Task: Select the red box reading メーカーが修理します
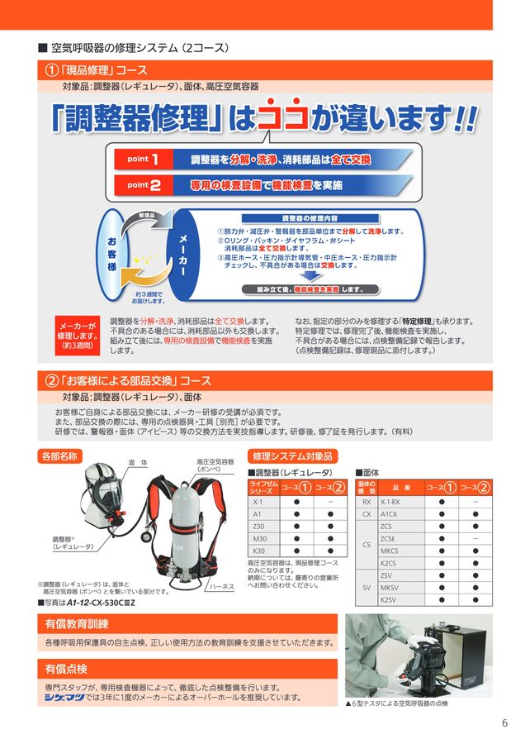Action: pyautogui.click(x=77, y=336)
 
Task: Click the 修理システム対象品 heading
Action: pyautogui.click(x=293, y=455)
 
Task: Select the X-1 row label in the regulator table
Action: pyautogui.click(x=258, y=502)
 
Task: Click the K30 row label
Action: pyautogui.click(x=258, y=551)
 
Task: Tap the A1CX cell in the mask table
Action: pyautogui.click(x=390, y=514)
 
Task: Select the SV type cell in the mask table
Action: pyautogui.click(x=367, y=586)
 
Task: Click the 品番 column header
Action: pyautogui.click(x=401, y=487)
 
